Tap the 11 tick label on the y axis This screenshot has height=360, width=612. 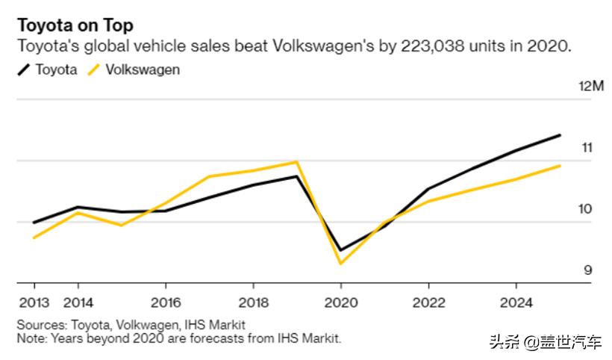[x=587, y=148]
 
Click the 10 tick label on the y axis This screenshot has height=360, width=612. [x=586, y=209]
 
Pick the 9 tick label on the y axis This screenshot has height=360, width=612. [x=588, y=270]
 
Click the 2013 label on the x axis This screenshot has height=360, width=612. [x=34, y=303]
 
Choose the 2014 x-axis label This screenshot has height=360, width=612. [x=78, y=303]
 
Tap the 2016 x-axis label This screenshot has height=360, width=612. [x=165, y=303]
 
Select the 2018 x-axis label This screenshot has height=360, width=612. [x=253, y=303]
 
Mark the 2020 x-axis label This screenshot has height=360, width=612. [x=340, y=303]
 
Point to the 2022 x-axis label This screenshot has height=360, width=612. [x=428, y=303]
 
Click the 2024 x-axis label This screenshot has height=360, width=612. [x=516, y=303]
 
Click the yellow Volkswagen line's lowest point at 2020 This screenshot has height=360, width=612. [x=340, y=263]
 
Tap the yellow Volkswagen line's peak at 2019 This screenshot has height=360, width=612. [x=297, y=161]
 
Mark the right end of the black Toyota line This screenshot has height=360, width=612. [x=560, y=135]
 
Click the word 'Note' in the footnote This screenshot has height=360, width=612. [x=31, y=338]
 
